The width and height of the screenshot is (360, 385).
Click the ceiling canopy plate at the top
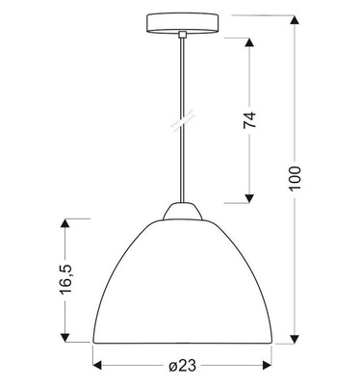point(180,22)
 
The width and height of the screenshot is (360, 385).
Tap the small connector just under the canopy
point(180,35)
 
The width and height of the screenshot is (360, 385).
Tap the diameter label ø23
point(180,366)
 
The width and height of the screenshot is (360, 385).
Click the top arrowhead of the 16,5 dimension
point(64,222)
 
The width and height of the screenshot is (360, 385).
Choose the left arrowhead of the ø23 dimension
point(97,366)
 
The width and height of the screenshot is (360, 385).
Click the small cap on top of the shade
point(180,212)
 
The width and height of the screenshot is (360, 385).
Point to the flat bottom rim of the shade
point(180,341)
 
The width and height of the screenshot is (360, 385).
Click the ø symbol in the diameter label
point(170,366)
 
